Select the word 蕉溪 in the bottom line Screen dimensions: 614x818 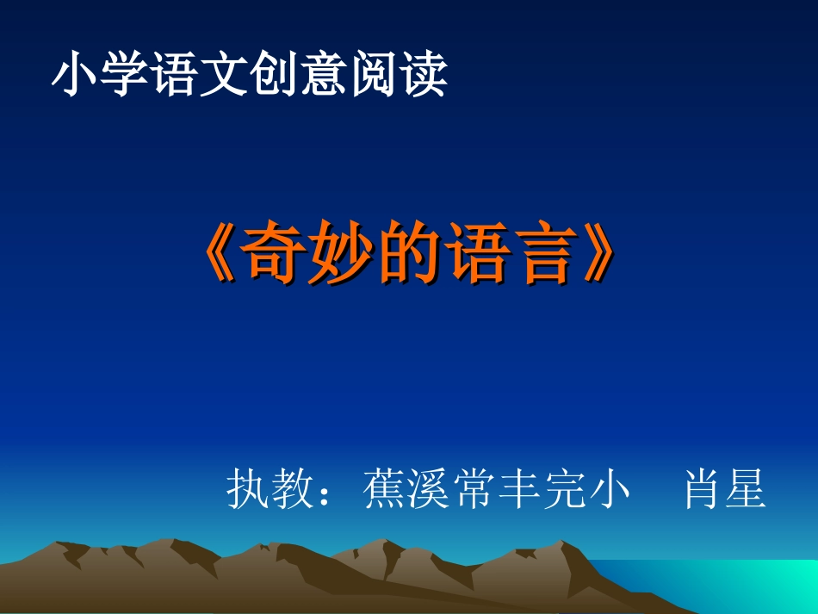click(x=410, y=489)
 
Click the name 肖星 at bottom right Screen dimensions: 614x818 click(x=725, y=489)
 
